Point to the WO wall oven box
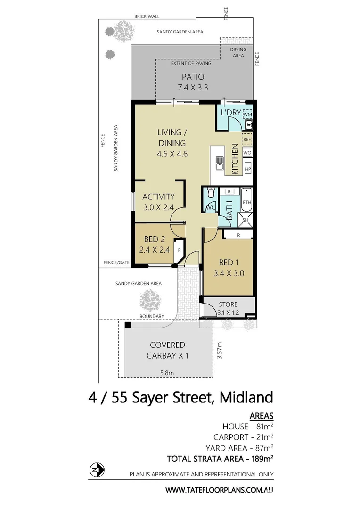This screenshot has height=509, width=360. [247, 153]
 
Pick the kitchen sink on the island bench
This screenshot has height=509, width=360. [220, 164]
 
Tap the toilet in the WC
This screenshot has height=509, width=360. [210, 193]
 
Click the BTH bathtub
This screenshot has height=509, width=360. [247, 202]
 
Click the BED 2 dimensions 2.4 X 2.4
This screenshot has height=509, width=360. [155, 250]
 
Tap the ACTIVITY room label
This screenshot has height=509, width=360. [159, 197]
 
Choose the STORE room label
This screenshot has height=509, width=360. [228, 304]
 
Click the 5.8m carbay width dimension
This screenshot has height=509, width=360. [167, 372]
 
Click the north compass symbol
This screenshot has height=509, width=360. [97, 470]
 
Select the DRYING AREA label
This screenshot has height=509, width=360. [237, 52]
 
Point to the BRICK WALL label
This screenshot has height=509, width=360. [147, 16]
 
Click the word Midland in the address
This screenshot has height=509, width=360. [246, 397]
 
